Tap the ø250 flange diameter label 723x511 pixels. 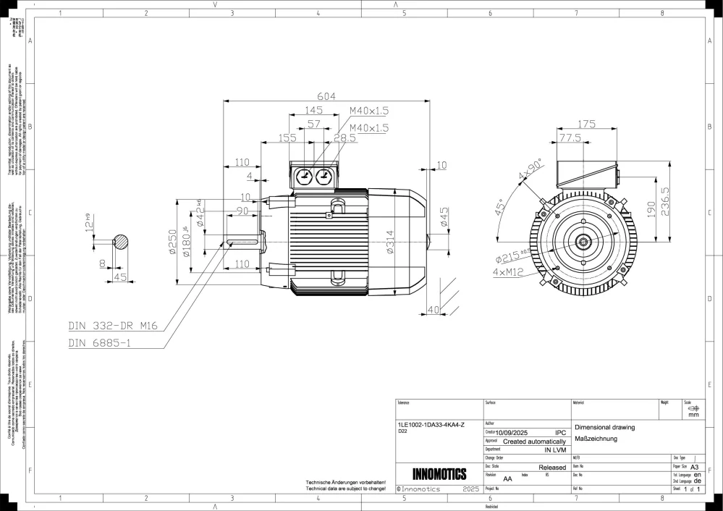173,243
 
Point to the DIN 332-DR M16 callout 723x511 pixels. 112,326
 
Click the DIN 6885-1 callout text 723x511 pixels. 100,343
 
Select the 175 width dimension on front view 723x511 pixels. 587,124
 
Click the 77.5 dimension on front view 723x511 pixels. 570,138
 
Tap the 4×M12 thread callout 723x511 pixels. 510,272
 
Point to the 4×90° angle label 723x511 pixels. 530,170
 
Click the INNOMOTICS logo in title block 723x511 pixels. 439,475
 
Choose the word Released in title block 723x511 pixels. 552,468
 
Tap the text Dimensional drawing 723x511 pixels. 604,428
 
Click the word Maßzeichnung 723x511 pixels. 595,439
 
